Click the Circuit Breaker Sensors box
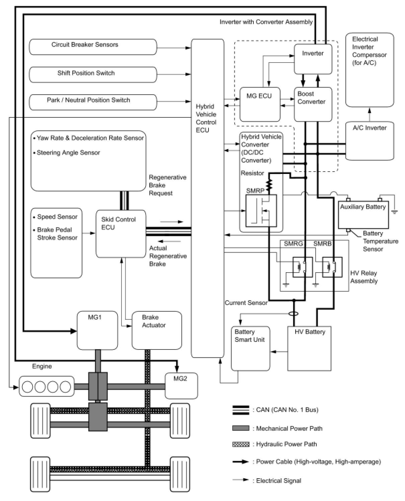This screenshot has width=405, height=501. [93, 47]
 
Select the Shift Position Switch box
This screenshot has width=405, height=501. [93, 75]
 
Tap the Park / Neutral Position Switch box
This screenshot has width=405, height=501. [93, 102]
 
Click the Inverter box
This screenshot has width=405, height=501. [313, 59]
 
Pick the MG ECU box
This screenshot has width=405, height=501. [260, 104]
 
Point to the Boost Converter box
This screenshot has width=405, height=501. [313, 104]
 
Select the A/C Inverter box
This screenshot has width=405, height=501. [370, 141]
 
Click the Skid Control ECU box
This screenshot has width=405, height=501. [121, 234]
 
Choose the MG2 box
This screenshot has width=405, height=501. [181, 386]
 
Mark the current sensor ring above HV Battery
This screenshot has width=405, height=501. [294, 314]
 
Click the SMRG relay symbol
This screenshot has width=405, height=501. [302, 267]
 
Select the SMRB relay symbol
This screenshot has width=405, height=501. [332, 267]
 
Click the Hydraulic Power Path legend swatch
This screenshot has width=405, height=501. [241, 444]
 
